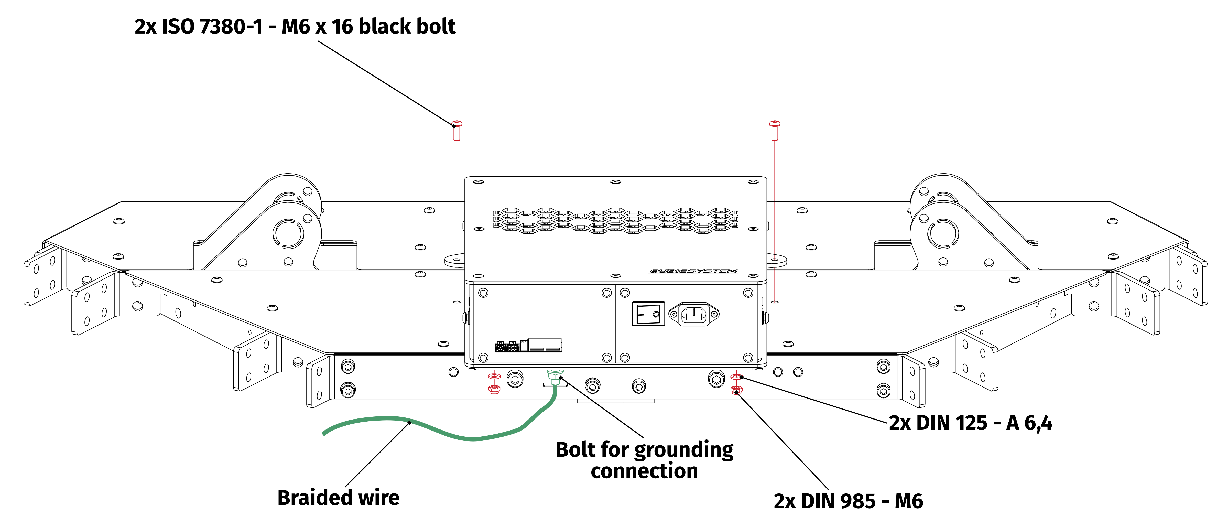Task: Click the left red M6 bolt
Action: coord(457,131)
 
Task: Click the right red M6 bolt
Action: coord(775,131)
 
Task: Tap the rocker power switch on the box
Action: coord(648,314)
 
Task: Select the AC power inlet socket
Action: coord(694,314)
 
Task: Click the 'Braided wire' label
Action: coord(338,498)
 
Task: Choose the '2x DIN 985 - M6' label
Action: coord(848,501)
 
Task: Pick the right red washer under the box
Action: coord(736,377)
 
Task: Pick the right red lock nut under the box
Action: coord(736,390)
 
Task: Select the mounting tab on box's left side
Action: coord(454,260)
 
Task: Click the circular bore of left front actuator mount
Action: coord(288,233)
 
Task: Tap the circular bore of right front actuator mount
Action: coord(942,233)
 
